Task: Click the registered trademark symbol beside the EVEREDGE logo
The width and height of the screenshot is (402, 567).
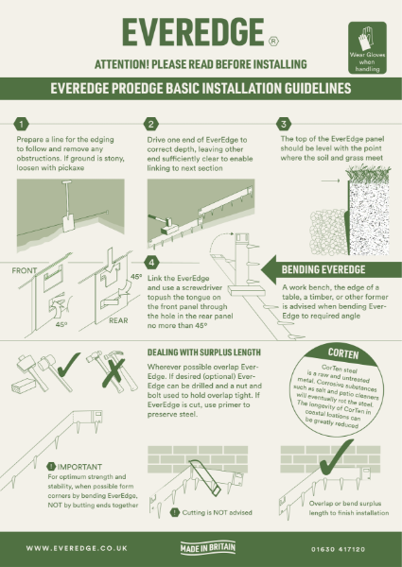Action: (x=274, y=42)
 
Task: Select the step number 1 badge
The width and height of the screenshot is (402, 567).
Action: (x=24, y=125)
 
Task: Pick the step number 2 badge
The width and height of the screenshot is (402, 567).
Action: (x=151, y=125)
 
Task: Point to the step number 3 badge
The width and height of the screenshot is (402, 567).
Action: (x=283, y=125)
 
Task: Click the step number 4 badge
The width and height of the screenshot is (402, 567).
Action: (x=151, y=262)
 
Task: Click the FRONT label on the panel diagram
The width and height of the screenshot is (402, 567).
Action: (x=26, y=271)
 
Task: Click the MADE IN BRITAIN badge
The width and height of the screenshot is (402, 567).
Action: (x=201, y=547)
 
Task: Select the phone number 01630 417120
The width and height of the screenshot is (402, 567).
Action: (x=343, y=547)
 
